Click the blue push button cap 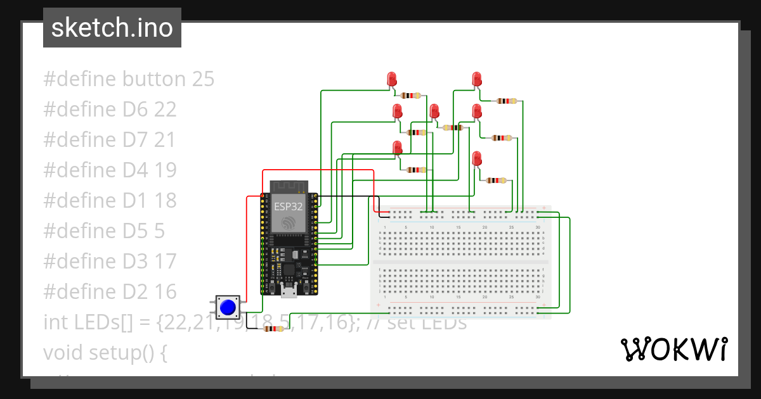(x=227, y=308)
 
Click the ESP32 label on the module (x=289, y=206)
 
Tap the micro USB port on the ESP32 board (x=289, y=290)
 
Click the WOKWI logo (x=673, y=349)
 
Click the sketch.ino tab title (x=112, y=28)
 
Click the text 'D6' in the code (x=135, y=110)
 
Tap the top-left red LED (x=392, y=79)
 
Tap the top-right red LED (x=477, y=79)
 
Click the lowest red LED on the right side (x=477, y=158)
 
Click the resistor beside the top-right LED (x=506, y=101)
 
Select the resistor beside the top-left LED (x=411, y=96)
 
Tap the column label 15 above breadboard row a (x=458, y=227)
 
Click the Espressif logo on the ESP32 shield (x=289, y=223)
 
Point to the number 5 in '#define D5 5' (x=160, y=231)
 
